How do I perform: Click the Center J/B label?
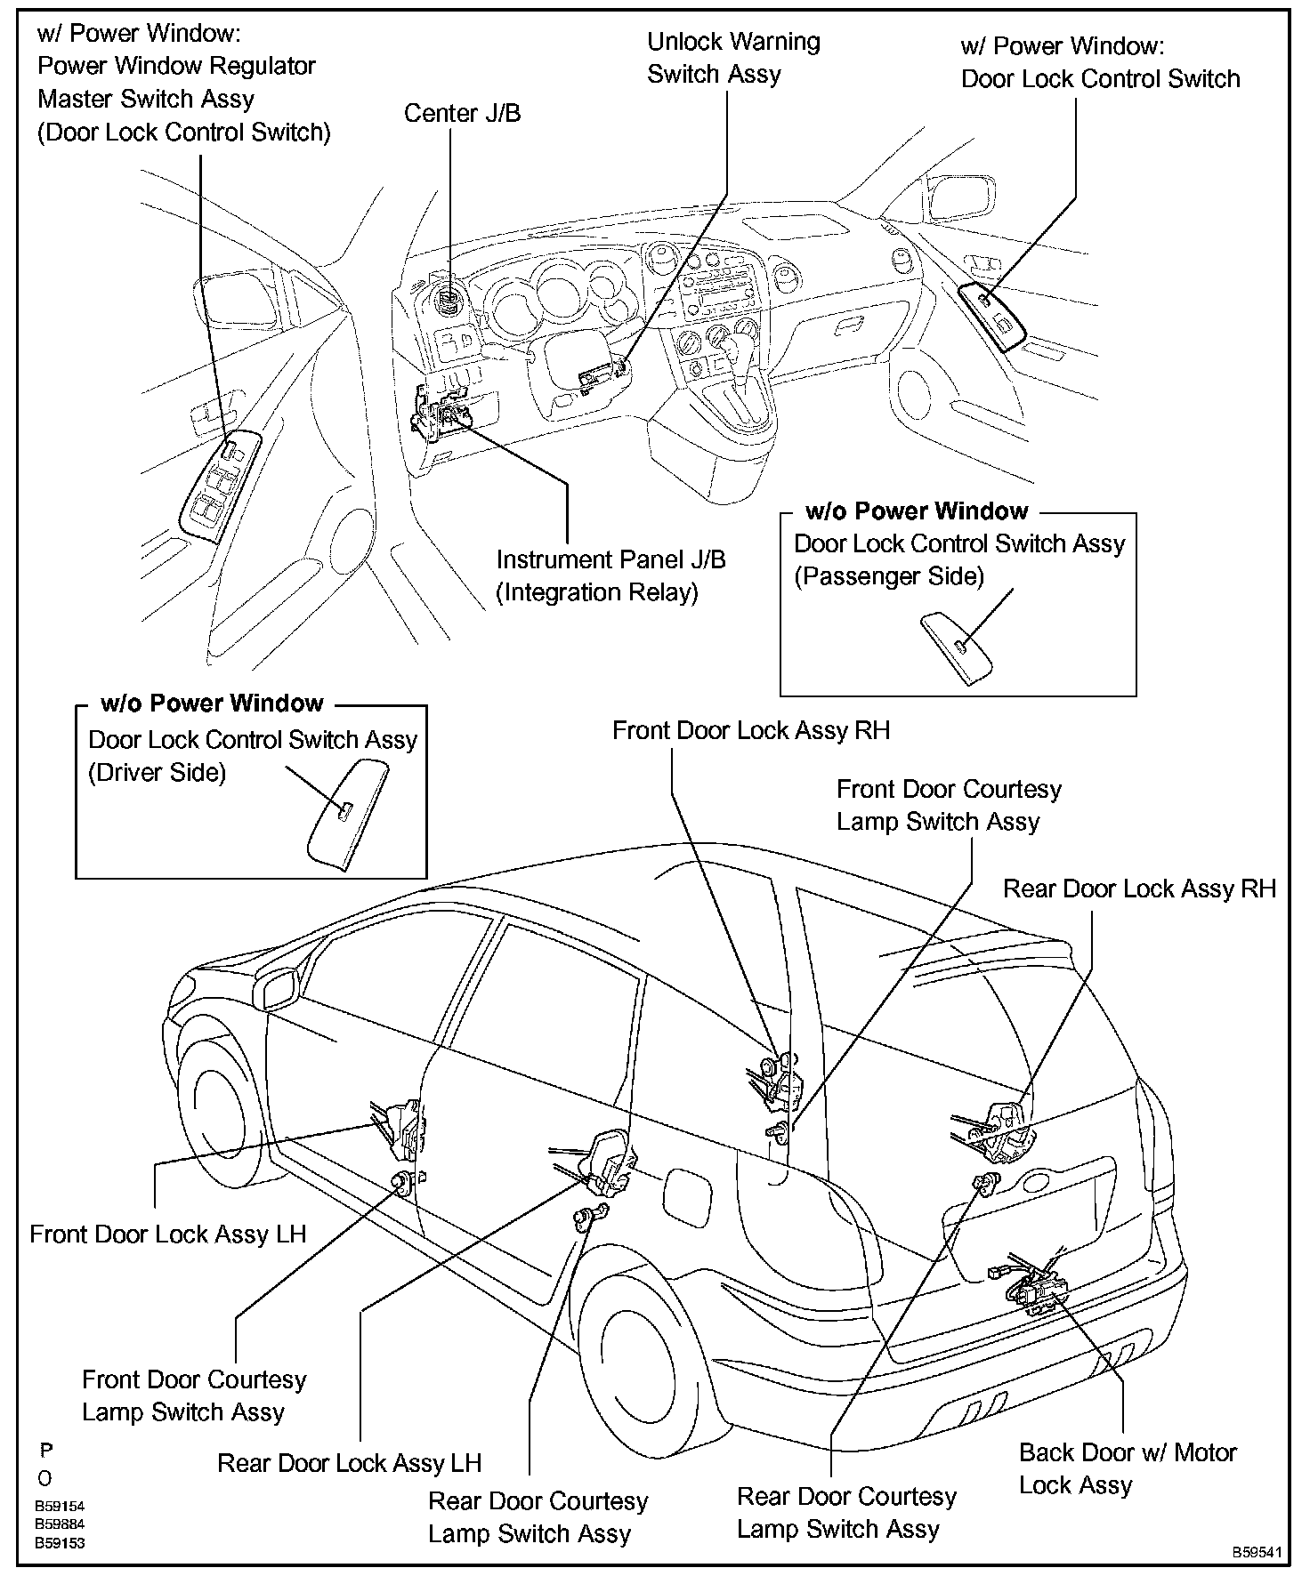point(462,114)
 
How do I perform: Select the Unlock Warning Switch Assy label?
point(733,58)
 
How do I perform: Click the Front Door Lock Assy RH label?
point(750,731)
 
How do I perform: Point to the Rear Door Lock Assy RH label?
point(1139,889)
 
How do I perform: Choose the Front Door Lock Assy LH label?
point(168,1234)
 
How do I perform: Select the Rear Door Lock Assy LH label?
point(349,1463)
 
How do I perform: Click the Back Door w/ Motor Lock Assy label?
point(1127,1468)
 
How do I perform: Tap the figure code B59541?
point(1257,1553)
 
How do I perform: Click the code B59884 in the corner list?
point(60,1524)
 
